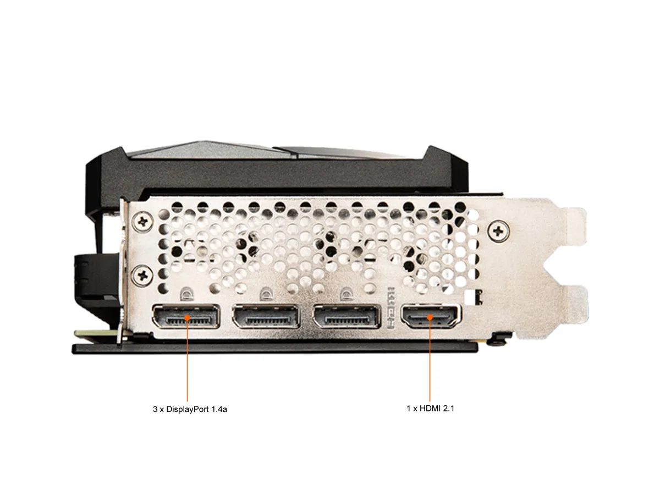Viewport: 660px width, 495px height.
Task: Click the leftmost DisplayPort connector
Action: (186, 316)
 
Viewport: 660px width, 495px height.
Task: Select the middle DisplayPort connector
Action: (266, 316)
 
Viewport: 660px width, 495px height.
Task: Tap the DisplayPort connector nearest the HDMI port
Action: (346, 316)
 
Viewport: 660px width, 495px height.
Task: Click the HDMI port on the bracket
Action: (430, 316)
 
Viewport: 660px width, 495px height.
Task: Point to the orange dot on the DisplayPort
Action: (187, 317)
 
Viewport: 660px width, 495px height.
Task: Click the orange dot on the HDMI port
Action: (430, 317)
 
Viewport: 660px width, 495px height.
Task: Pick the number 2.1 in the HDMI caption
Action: (449, 409)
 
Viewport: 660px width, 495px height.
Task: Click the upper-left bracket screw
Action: (142, 222)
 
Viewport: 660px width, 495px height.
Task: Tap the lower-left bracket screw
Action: (142, 274)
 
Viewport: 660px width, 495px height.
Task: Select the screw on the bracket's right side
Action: (498, 231)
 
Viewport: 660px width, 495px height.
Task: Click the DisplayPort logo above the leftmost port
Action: (186, 293)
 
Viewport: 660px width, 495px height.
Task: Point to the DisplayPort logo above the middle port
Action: (266, 293)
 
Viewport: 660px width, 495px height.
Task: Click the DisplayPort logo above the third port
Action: (346, 293)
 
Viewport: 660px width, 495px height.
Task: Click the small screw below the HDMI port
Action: (497, 341)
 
